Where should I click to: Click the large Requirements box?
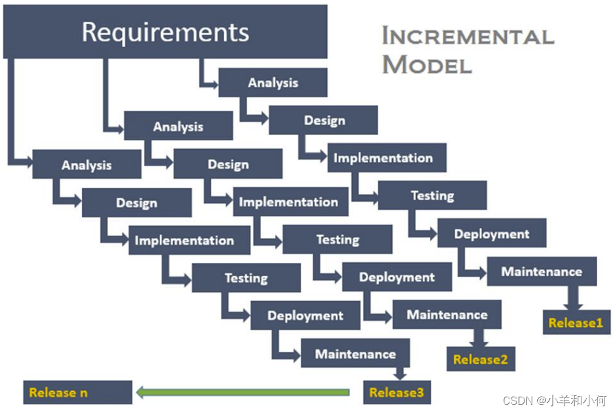point(165,32)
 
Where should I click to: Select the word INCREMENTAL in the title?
point(468,36)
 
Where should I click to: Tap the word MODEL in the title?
point(427,64)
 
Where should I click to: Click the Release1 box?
point(576,322)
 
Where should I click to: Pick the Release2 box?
point(481,359)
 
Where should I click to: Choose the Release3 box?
point(397,393)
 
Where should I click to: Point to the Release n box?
point(78,393)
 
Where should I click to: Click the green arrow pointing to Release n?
point(243,392)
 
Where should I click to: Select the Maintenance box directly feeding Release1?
point(541,271)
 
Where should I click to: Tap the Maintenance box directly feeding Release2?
point(447,314)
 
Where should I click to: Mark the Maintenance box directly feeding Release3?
point(355,353)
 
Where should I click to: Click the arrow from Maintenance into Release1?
point(573,298)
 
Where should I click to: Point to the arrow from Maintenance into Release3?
point(400,374)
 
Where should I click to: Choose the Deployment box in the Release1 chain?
point(492,233)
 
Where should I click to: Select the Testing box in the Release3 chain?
point(247,277)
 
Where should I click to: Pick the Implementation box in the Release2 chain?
point(291,202)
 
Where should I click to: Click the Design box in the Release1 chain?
point(323,120)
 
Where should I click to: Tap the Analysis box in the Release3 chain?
point(87,164)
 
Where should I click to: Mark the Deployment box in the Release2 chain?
point(397,277)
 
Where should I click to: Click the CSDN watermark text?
point(555,400)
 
